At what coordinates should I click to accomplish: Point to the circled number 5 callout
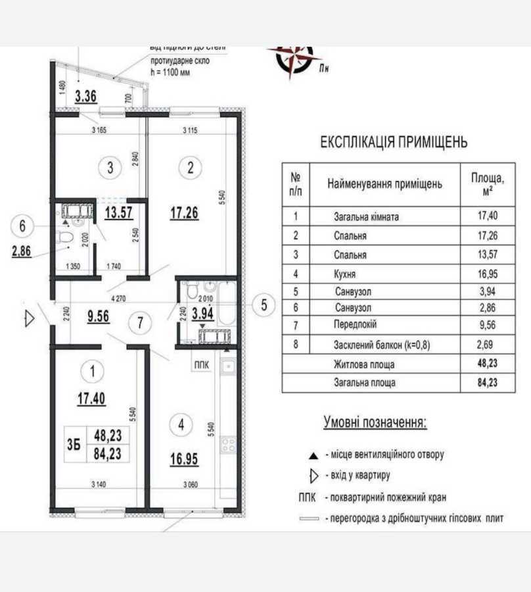(x=264, y=305)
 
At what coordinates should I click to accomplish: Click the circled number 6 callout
(x=23, y=226)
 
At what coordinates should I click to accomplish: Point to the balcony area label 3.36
(x=85, y=96)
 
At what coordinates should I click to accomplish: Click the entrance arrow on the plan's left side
(x=29, y=319)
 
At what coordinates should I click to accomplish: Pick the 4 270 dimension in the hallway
(x=118, y=298)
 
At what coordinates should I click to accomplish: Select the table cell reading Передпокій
(x=356, y=324)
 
